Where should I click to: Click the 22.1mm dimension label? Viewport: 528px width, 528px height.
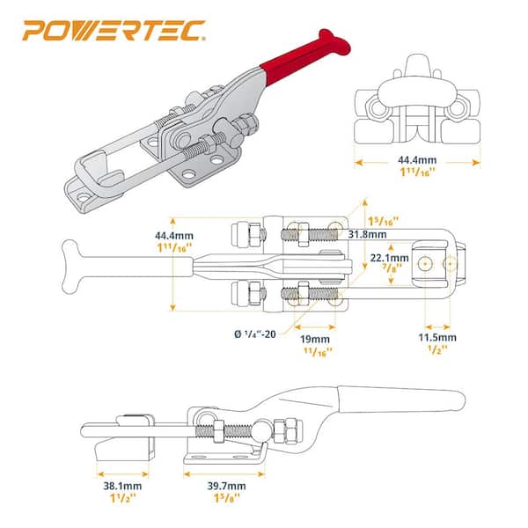(390, 258)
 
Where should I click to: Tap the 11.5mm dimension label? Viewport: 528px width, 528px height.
(436, 338)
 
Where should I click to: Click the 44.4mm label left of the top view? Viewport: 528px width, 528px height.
(173, 236)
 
